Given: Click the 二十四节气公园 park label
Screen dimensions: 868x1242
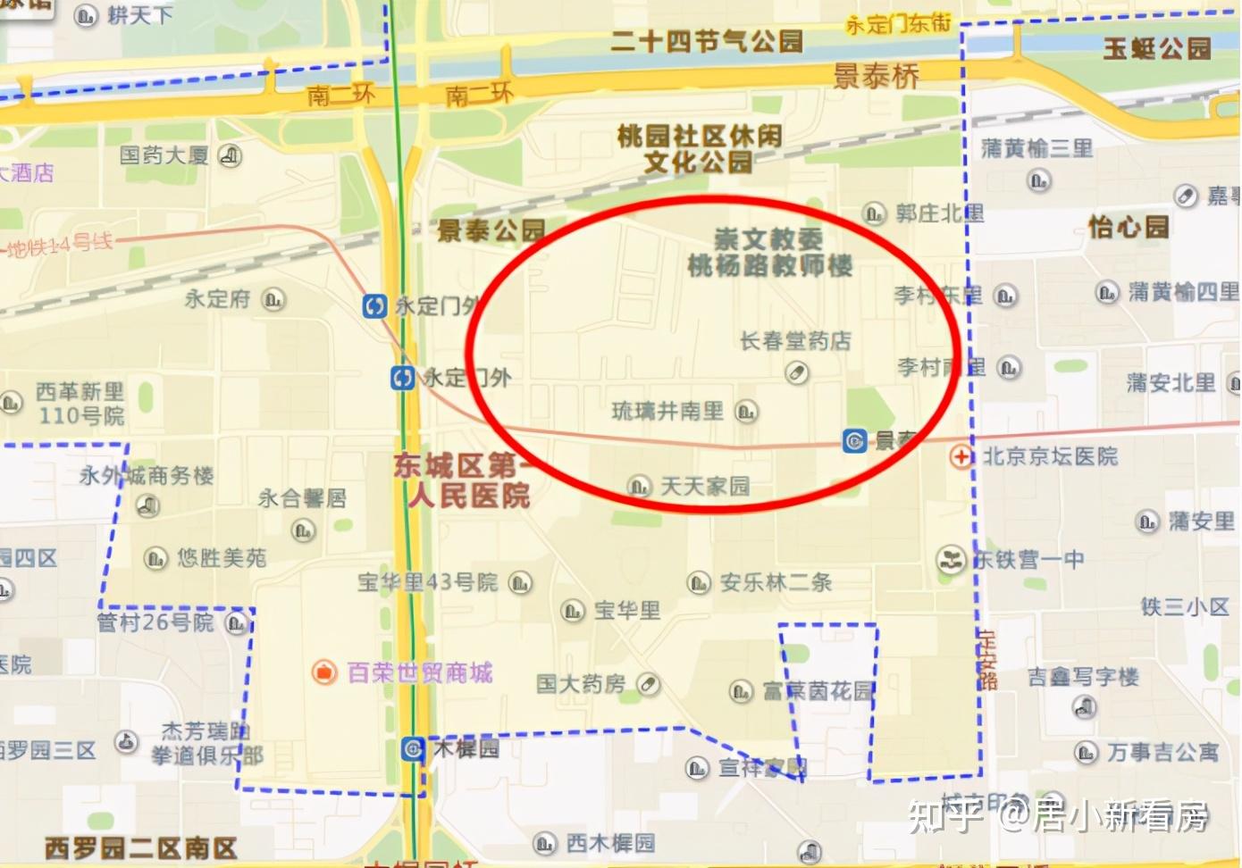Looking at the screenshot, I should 706,41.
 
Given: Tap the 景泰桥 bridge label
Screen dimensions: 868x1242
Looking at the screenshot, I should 876,77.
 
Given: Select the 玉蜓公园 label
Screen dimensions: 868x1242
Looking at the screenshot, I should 1156,47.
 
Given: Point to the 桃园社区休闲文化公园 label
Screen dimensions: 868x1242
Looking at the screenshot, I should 699,148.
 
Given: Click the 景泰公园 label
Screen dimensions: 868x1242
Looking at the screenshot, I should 491,230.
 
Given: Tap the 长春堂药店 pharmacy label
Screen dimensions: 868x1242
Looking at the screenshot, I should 794,340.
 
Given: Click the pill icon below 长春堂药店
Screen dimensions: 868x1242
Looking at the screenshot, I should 795,372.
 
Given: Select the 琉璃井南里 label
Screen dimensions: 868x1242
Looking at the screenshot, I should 667,411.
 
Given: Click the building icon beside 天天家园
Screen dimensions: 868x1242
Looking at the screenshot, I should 638,487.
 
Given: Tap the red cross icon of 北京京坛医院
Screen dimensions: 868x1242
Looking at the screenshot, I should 961,456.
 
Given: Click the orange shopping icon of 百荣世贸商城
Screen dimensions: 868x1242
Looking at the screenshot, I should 323,672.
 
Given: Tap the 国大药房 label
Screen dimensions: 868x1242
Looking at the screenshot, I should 581,684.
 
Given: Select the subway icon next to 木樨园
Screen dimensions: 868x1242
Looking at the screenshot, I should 413,748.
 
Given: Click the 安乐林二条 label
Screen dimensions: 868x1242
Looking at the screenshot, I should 776,583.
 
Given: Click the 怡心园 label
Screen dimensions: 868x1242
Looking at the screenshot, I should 1128,227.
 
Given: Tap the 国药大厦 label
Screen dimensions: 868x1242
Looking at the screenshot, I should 164,155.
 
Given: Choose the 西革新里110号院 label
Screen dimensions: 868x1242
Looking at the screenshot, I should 80,404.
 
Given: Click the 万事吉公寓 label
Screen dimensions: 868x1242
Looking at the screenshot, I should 1162,753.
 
